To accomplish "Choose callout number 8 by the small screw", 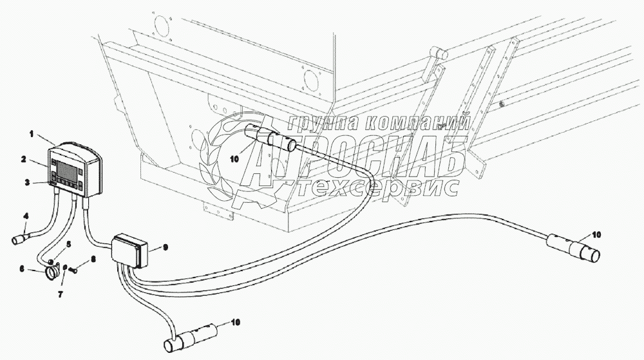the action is click(93, 259).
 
